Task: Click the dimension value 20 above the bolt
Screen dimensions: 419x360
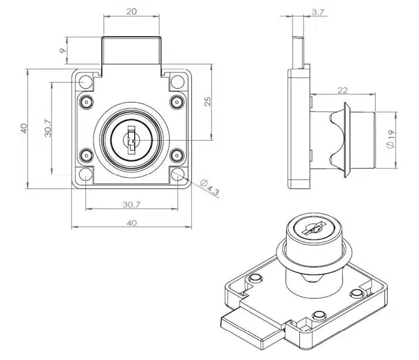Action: (x=131, y=12)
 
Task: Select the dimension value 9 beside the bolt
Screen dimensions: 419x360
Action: (x=63, y=50)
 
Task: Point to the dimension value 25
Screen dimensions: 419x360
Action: (x=208, y=101)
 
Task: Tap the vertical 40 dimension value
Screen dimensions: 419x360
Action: (x=24, y=128)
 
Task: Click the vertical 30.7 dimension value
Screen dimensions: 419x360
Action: (x=48, y=128)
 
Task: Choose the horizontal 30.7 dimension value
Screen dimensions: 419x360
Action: (x=132, y=205)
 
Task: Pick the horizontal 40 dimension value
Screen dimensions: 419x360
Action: (x=132, y=223)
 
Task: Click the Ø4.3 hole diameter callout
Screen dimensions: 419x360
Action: (x=209, y=187)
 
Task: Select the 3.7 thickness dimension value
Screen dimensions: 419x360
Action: (x=318, y=12)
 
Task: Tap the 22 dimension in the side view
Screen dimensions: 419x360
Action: (x=342, y=90)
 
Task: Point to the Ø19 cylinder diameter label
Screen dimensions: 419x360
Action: (x=390, y=139)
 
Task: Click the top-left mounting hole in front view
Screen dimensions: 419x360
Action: (x=86, y=81)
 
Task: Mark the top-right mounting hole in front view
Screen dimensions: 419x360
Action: (x=177, y=81)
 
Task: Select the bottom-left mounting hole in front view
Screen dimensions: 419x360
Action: (x=86, y=174)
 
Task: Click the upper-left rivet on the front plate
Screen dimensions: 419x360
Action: (x=86, y=102)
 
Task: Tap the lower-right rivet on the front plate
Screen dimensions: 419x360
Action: (x=177, y=155)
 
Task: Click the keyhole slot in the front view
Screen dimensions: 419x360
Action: (x=131, y=139)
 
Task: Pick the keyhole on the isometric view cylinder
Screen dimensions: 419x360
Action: (x=314, y=228)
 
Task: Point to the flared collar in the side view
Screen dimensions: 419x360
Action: (x=346, y=139)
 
